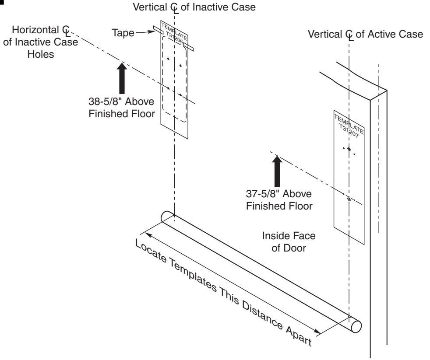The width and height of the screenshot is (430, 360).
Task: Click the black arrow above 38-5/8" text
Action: [122, 79]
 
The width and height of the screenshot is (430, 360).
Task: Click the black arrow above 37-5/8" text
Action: [277, 170]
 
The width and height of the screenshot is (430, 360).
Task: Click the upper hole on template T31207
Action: [349, 149]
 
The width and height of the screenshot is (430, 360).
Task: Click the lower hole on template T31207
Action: [349, 199]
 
